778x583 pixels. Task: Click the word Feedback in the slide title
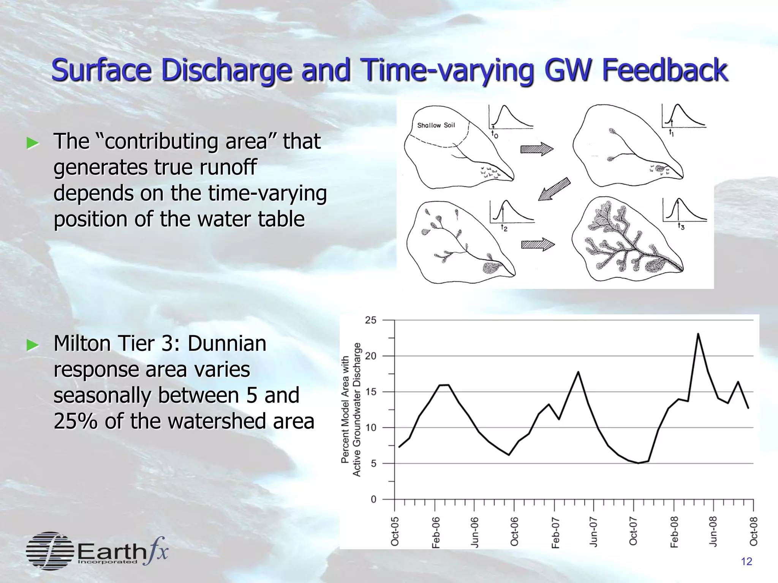click(665, 70)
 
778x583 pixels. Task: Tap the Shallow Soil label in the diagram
click(436, 125)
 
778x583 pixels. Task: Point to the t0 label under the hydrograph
click(494, 134)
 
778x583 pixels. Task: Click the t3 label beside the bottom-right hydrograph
click(681, 227)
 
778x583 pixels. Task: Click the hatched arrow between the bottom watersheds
click(538, 245)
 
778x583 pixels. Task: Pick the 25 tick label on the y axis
click(370, 320)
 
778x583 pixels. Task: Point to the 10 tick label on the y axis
click(370, 428)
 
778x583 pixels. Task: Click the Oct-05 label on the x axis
click(395, 531)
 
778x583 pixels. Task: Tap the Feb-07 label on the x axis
click(555, 532)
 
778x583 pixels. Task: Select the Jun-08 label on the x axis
click(713, 531)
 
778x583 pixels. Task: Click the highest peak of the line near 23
click(698, 334)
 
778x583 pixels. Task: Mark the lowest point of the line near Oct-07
click(639, 463)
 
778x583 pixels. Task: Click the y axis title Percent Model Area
click(345, 409)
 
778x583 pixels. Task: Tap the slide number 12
click(746, 562)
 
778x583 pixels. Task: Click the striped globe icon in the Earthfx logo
click(50, 551)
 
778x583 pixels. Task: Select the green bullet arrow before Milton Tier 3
click(33, 345)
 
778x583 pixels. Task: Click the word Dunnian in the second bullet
click(227, 343)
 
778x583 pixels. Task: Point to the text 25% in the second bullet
click(76, 421)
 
